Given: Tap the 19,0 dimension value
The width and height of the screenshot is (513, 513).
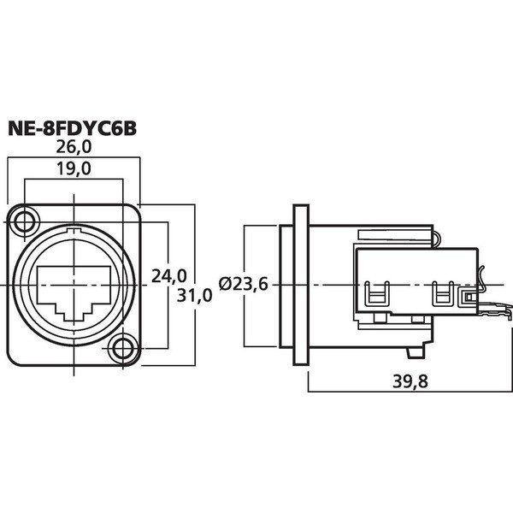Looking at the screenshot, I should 76,169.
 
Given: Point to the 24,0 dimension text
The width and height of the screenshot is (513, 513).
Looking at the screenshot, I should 168,275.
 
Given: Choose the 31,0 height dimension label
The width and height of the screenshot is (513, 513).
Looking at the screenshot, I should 194,295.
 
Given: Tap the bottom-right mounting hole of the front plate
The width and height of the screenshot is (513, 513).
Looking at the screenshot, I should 124,347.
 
